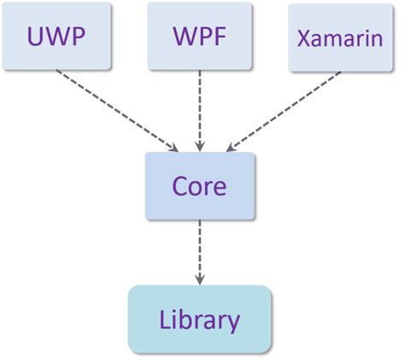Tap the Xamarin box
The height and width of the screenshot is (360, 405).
click(340, 38)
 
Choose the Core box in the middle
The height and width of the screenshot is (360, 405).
click(200, 186)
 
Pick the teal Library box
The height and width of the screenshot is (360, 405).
click(200, 319)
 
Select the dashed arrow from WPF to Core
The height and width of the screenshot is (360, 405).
click(200, 107)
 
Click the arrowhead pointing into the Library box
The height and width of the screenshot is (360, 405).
click(200, 279)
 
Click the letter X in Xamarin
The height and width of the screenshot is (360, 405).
click(304, 39)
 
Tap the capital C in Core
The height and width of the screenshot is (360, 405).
click(179, 186)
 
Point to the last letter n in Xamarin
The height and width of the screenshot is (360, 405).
click(375, 40)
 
